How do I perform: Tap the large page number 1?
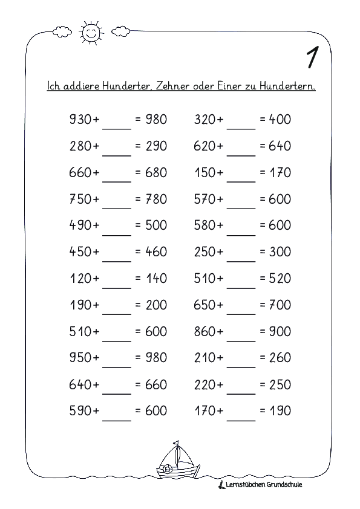[313, 58]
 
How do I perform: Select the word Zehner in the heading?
[175, 86]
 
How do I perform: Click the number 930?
[80, 120]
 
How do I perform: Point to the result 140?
[156, 279]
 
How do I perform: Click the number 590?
[80, 411]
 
